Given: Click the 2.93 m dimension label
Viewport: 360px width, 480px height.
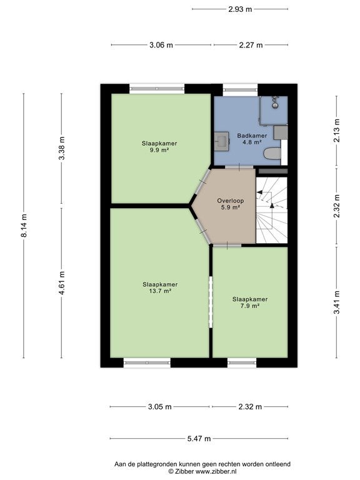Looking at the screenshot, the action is [240, 9].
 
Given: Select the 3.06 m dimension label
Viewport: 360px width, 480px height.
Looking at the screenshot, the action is [161, 45].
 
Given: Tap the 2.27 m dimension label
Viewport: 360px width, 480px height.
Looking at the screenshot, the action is [251, 45].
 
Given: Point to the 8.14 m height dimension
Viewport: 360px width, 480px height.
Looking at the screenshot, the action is [24, 225].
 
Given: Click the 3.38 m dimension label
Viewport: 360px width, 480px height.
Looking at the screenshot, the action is [62, 148].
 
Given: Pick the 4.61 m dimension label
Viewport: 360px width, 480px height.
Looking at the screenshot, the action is [62, 283].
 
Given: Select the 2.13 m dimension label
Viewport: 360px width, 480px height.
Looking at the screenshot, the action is [337, 131].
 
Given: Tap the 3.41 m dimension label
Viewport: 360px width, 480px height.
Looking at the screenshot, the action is [337, 302].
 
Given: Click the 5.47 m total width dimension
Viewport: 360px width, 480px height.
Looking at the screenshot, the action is [199, 439].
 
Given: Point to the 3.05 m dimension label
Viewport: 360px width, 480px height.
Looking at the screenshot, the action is [160, 407].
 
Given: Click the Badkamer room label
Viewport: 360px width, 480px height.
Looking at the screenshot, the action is [252, 136].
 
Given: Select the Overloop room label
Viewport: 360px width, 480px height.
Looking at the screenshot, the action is [230, 201].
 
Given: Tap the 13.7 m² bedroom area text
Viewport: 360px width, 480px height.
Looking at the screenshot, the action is [160, 291].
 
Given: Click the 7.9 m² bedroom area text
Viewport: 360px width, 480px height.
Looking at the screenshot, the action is [250, 306].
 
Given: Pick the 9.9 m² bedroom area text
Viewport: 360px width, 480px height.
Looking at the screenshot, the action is [159, 150].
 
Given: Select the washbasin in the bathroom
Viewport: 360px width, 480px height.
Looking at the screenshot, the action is [221, 141].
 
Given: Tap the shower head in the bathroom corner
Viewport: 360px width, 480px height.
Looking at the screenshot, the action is [276, 102].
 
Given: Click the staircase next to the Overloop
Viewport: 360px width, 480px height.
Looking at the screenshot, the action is [271, 211].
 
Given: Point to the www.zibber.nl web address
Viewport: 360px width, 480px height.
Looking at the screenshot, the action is [216, 472].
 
